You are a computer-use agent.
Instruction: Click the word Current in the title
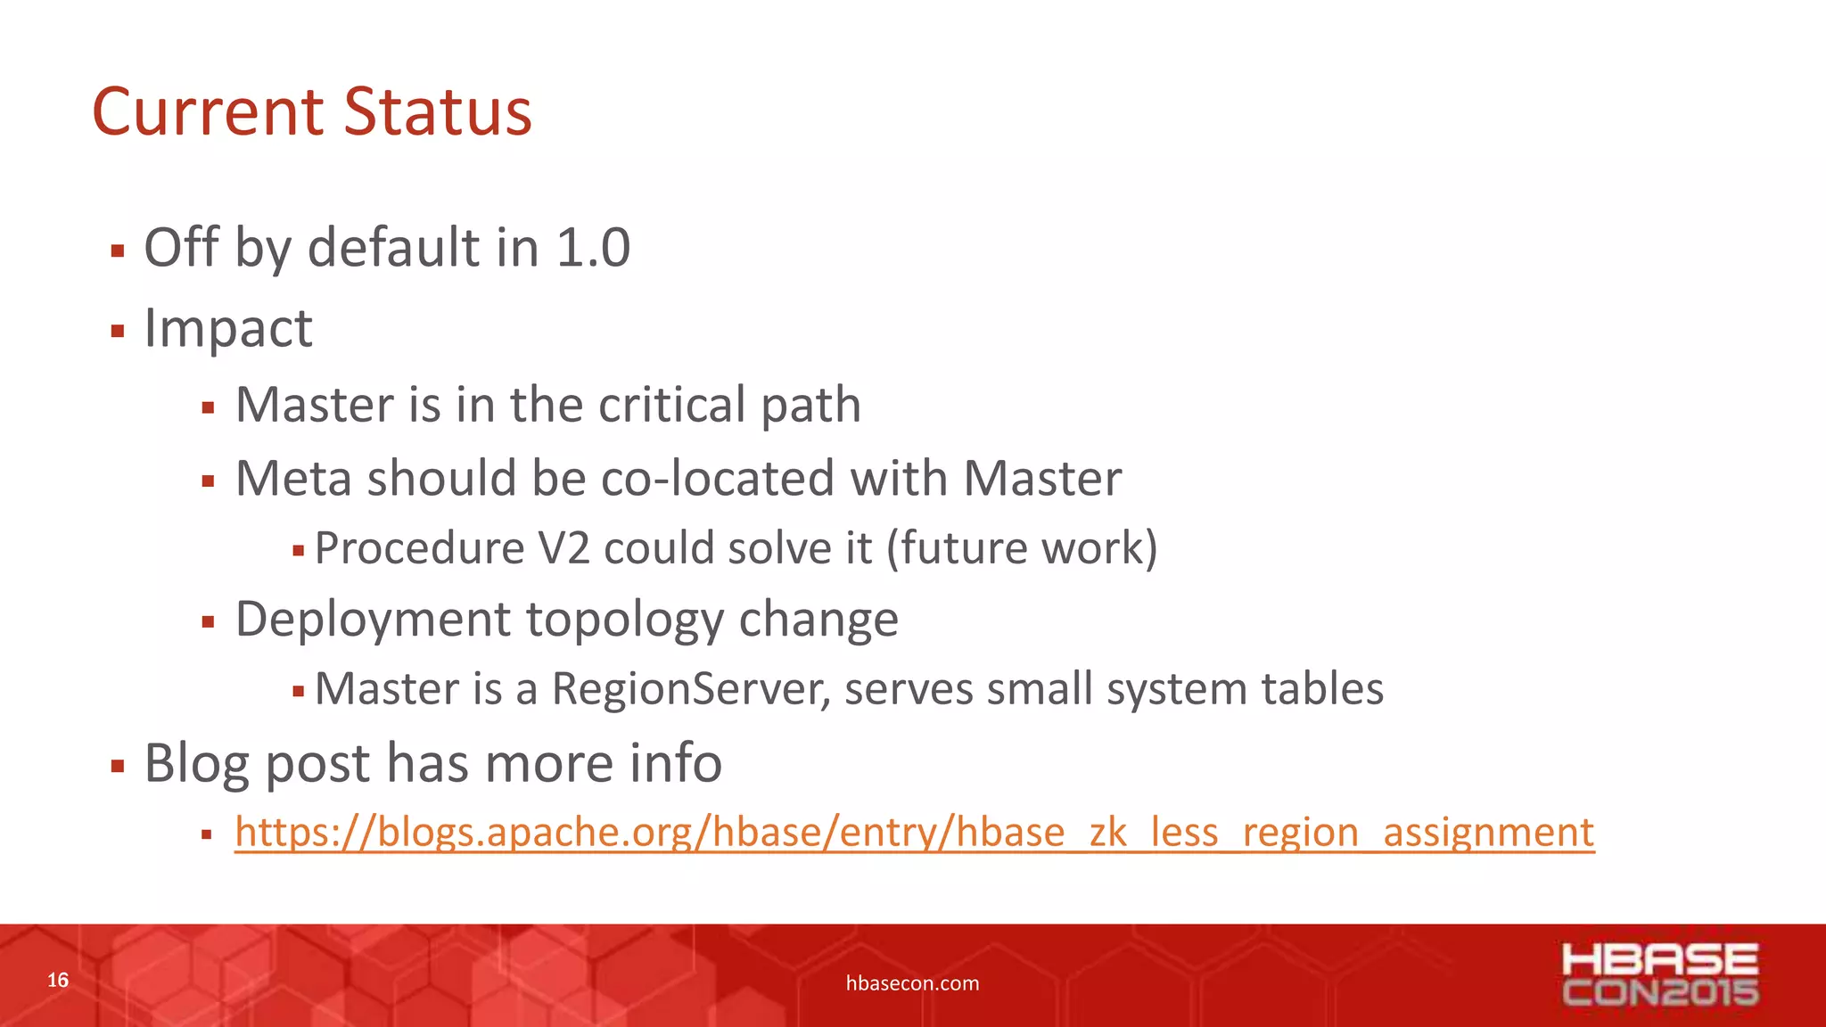point(208,112)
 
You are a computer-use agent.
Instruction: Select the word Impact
point(228,328)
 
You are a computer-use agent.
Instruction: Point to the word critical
point(672,405)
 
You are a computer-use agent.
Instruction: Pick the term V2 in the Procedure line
point(564,547)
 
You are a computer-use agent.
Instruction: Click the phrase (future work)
point(1022,547)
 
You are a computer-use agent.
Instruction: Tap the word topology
point(625,619)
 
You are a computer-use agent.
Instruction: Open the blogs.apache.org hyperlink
point(914,833)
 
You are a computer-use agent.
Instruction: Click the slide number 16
point(58,981)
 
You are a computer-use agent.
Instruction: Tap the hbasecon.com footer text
point(912,983)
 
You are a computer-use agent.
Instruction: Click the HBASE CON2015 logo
point(1660,975)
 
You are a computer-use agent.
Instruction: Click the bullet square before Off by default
point(118,251)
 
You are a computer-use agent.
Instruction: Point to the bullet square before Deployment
point(208,622)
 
